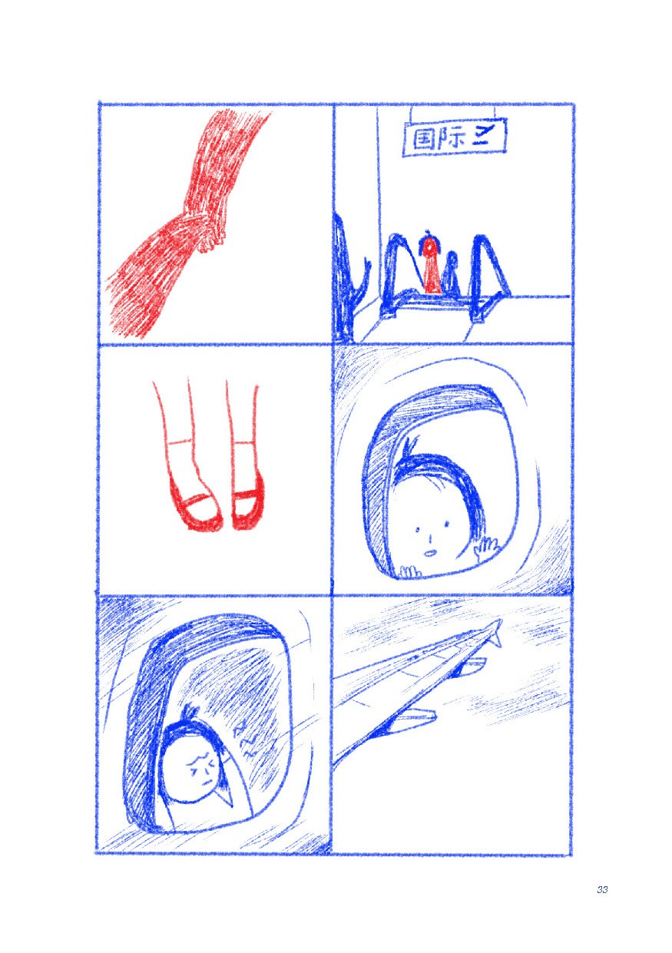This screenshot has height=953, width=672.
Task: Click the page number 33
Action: tap(601, 889)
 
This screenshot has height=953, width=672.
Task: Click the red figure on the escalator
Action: tap(431, 265)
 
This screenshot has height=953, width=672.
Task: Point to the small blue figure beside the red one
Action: tap(452, 273)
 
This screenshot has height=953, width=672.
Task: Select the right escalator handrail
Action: tap(487, 265)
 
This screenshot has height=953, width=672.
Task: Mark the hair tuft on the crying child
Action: tap(191, 713)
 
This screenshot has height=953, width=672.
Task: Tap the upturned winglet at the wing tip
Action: tap(495, 631)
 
